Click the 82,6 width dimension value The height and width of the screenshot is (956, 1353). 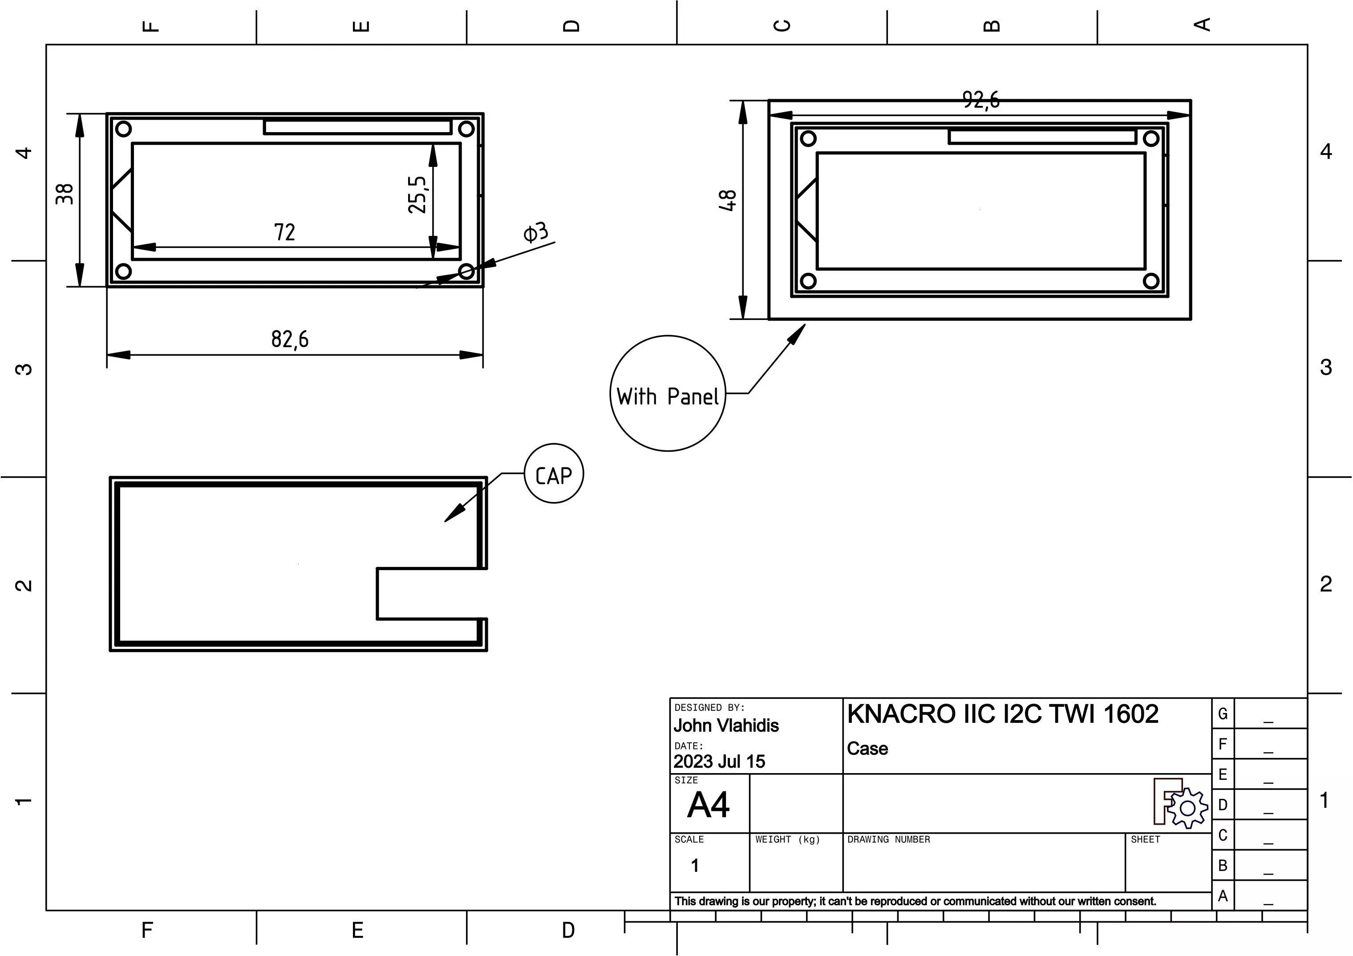point(289,340)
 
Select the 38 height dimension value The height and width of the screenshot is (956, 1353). point(65,194)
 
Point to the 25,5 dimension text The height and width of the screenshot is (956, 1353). point(417,194)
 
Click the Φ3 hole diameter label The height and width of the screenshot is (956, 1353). point(536,232)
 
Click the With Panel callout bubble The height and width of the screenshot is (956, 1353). point(667,394)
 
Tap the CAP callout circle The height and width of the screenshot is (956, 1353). point(553,474)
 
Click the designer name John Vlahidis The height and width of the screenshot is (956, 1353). point(726,725)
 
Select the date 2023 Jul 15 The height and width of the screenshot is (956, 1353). point(719,762)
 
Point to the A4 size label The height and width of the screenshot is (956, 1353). point(708,805)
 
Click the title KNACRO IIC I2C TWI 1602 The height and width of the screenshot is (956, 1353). point(1002,714)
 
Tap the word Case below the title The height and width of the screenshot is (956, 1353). point(867,749)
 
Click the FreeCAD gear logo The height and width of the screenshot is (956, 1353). point(1180,804)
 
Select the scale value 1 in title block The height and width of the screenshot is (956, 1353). point(695,865)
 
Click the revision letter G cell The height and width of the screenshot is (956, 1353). point(1223,714)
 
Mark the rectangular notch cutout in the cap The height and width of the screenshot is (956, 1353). point(430,594)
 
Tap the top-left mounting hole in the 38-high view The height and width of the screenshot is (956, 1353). point(124,129)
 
